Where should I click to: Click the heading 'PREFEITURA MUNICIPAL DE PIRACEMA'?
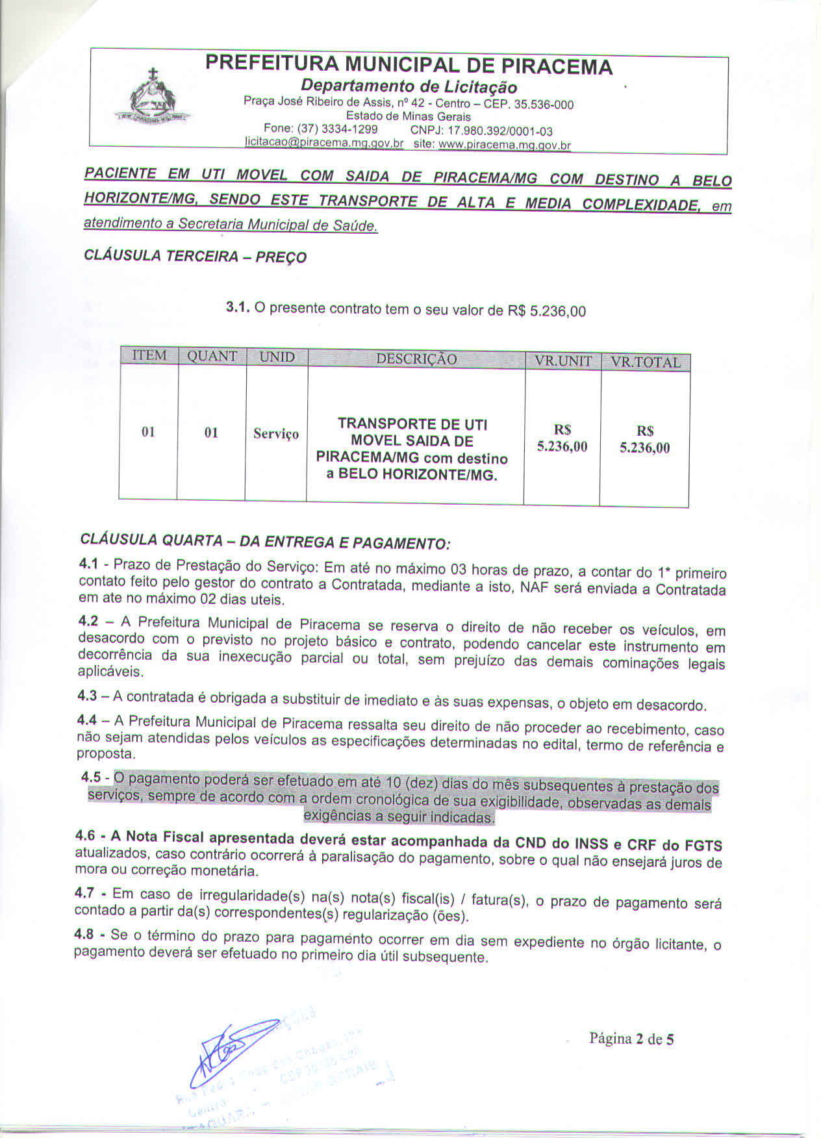tap(409, 66)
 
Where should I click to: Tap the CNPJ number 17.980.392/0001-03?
tap(481, 131)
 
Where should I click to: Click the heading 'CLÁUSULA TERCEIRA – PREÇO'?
tap(195, 256)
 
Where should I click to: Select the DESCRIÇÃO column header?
tap(416, 359)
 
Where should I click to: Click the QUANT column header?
tap(212, 357)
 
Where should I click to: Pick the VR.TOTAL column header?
tap(645, 362)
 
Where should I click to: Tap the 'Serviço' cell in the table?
tap(276, 434)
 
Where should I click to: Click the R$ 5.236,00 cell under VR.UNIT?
tap(562, 438)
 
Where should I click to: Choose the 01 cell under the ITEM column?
tap(148, 432)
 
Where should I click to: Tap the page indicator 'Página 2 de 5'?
tap(631, 1039)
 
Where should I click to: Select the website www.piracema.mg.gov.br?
tap(505, 145)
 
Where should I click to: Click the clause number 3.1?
tap(238, 307)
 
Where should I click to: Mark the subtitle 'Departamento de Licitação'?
tap(409, 87)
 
